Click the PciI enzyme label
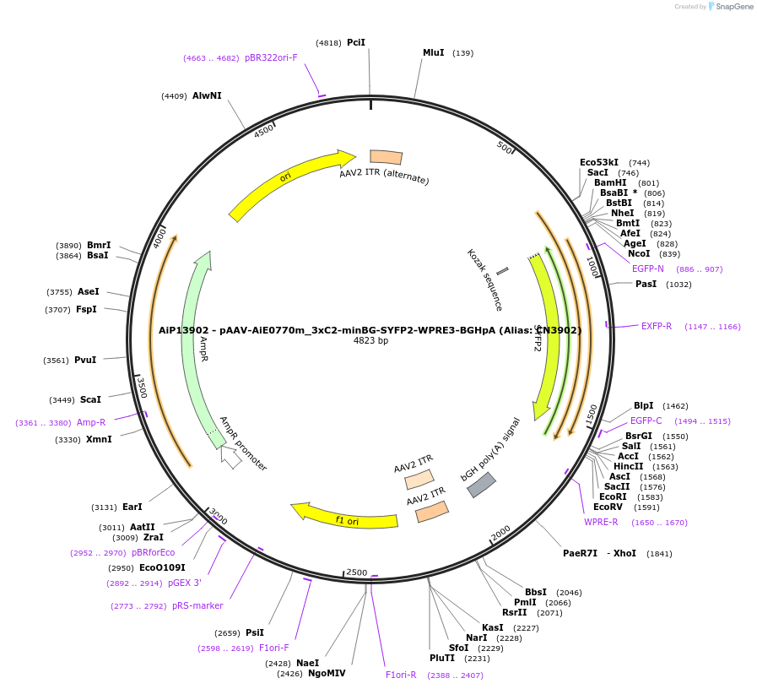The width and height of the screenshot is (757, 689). tap(355, 42)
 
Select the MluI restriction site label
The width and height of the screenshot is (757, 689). tap(433, 52)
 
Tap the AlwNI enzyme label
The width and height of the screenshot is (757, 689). tap(207, 95)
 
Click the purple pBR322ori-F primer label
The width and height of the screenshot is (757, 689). tap(271, 57)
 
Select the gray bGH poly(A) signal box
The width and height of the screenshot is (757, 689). tap(481, 485)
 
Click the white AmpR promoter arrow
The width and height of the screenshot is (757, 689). tap(230, 457)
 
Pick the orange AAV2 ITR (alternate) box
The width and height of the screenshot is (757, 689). tap(387, 157)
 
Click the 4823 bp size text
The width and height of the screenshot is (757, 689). tap(370, 341)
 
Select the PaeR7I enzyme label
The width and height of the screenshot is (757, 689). tap(580, 554)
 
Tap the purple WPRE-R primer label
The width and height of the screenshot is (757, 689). tap(601, 522)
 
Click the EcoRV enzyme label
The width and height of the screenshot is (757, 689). tap(608, 507)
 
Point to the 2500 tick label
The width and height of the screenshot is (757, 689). tap(357, 572)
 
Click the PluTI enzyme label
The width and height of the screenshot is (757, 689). tap(441, 659)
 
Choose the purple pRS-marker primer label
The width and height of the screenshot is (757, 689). tap(197, 605)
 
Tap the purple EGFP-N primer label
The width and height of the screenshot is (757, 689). tap(647, 269)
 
